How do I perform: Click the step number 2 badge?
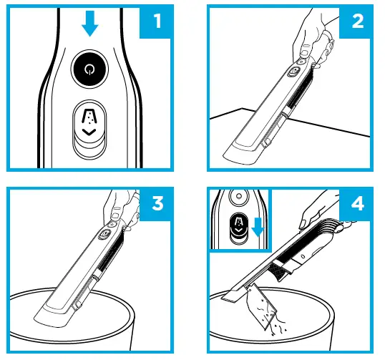356,21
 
